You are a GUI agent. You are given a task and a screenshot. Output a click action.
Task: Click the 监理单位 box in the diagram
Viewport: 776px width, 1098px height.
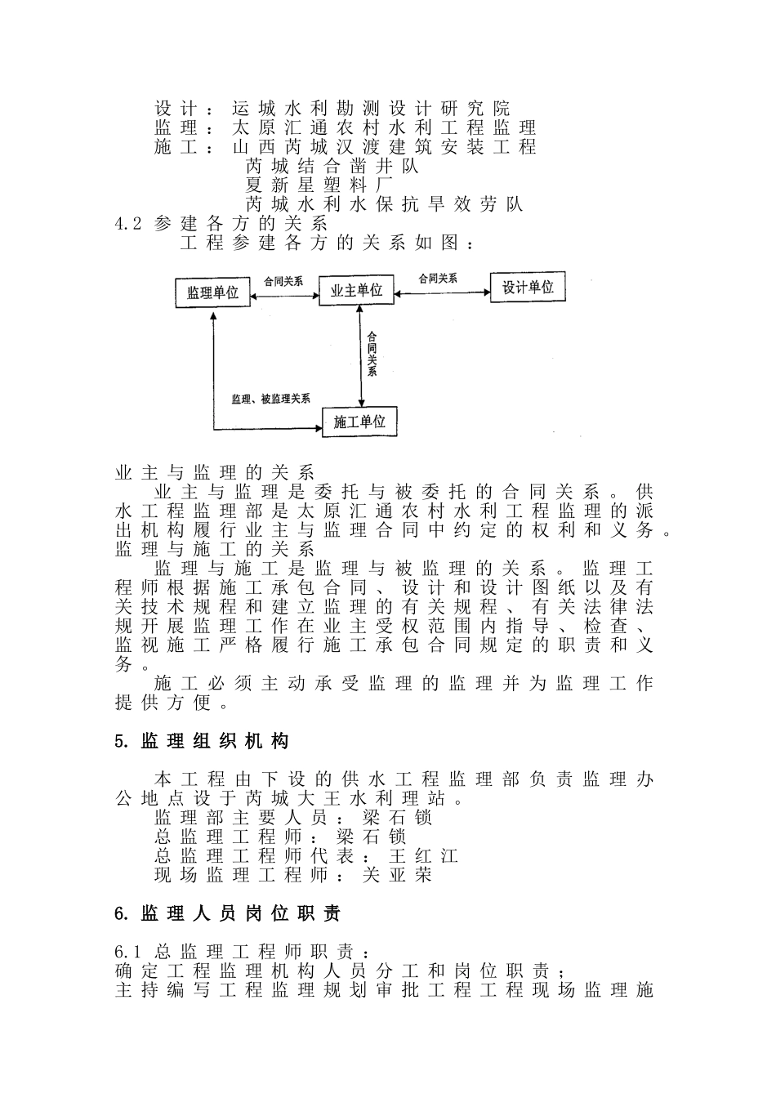[212, 292]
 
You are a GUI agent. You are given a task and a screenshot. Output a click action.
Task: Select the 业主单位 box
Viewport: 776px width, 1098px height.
[356, 290]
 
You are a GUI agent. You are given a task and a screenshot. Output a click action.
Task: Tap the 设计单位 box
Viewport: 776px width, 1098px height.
[528, 287]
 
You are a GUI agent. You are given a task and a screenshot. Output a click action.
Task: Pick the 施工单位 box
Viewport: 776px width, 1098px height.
[359, 422]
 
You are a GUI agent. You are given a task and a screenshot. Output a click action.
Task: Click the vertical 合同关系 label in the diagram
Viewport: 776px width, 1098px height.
[372, 354]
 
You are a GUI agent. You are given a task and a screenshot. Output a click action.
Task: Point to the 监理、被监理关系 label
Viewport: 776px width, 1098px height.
[270, 399]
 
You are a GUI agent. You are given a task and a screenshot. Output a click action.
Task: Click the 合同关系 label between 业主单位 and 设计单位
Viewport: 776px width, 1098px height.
[438, 279]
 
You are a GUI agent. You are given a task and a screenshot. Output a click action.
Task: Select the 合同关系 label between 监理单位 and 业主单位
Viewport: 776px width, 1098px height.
[283, 281]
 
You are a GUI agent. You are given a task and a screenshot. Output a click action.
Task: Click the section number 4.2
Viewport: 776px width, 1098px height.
[129, 223]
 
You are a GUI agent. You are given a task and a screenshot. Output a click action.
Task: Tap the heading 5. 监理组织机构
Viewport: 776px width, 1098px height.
[202, 741]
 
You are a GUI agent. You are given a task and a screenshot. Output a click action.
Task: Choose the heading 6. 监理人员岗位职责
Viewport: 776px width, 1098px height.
[228, 913]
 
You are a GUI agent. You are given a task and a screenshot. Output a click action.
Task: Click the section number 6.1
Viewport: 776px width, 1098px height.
[129, 952]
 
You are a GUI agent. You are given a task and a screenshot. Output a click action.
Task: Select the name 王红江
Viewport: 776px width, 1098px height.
[423, 856]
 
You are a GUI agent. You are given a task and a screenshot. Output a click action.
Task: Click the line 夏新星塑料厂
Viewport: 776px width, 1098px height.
[319, 185]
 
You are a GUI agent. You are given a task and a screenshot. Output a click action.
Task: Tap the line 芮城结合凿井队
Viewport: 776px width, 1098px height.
[332, 166]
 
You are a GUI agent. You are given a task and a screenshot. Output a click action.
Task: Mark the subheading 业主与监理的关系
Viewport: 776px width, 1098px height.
[215, 472]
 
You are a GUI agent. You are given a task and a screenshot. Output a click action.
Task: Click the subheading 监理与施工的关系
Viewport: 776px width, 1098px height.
[215, 549]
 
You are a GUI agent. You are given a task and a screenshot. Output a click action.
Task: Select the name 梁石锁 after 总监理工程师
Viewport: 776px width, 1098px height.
[372, 837]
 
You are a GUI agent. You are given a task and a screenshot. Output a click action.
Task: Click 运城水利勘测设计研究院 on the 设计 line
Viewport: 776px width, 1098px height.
[371, 108]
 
